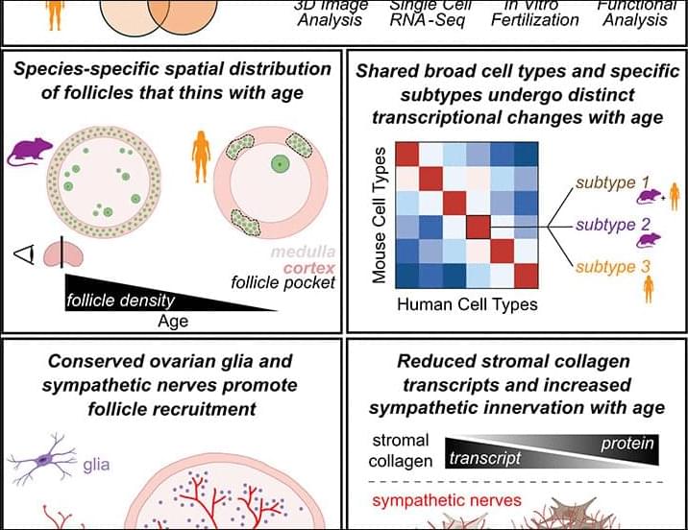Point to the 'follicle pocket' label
(283, 283)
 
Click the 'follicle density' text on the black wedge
(121, 301)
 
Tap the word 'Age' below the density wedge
(173, 322)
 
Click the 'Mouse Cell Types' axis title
(380, 215)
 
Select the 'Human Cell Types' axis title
(455, 305)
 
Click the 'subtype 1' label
(612, 181)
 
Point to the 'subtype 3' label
(612, 267)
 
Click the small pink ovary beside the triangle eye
(63, 253)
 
